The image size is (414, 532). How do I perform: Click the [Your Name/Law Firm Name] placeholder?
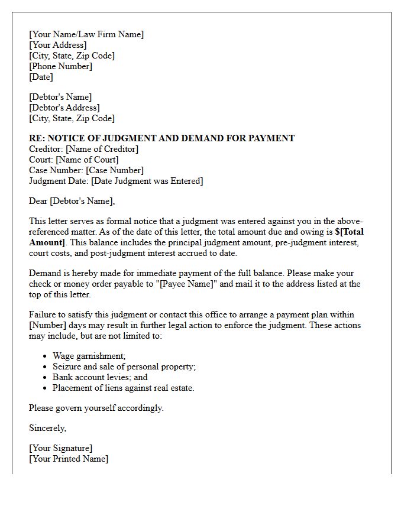[x=86, y=34]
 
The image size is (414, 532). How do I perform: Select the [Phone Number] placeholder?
[x=60, y=66]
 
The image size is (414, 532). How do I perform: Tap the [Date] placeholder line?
[x=41, y=77]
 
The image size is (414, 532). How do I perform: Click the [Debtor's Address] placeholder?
[x=64, y=108]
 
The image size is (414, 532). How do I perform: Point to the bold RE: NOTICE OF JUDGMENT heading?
[x=161, y=138]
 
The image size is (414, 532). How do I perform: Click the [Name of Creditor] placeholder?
[x=102, y=149]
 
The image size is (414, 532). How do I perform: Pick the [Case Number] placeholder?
[x=115, y=170]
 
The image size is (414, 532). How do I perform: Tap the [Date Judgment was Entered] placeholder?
[x=144, y=181]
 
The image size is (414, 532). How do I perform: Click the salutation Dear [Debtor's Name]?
[x=72, y=201]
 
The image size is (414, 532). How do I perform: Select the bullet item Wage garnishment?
[x=89, y=356]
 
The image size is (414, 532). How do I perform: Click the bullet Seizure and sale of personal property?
[x=124, y=366]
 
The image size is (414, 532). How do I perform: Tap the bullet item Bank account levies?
[x=100, y=377]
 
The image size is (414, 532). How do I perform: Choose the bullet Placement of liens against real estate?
[x=123, y=388]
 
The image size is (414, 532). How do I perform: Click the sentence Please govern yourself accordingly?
[x=96, y=408]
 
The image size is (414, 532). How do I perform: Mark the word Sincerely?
[x=48, y=428]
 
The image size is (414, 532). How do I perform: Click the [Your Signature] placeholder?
[x=60, y=448]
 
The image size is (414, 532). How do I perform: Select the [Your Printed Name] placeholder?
[x=69, y=459]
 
